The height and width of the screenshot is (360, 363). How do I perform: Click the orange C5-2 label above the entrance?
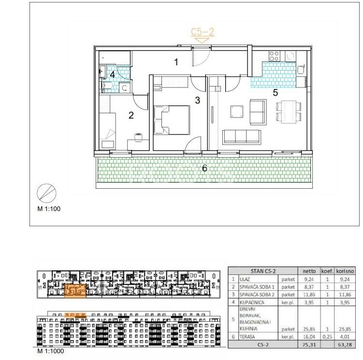[x=203, y=32]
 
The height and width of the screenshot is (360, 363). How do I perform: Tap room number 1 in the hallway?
[x=176, y=62]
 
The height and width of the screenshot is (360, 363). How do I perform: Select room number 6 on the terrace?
[x=204, y=168]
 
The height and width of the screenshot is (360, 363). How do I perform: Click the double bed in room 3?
[x=172, y=120]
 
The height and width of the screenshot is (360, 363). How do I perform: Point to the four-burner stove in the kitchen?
[x=275, y=56]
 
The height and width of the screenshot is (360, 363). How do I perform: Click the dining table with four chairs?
[x=289, y=111]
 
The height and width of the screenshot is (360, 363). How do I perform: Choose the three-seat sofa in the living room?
[x=242, y=137]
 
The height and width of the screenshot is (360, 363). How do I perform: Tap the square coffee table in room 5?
[x=237, y=112]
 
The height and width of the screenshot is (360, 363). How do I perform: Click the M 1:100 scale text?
[x=49, y=209]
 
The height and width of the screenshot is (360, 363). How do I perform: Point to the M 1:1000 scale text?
[x=51, y=351]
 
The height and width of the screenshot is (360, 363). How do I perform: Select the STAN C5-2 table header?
[x=263, y=271]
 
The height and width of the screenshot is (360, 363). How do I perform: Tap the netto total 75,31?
[x=309, y=345]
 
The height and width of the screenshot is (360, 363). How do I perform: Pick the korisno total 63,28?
[x=345, y=345]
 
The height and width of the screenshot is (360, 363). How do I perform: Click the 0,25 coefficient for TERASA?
[x=327, y=337]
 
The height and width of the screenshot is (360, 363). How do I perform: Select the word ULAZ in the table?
[x=245, y=280]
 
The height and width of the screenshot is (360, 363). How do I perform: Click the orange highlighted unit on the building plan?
[x=75, y=290]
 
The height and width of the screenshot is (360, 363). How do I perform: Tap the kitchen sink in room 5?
[x=301, y=70]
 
